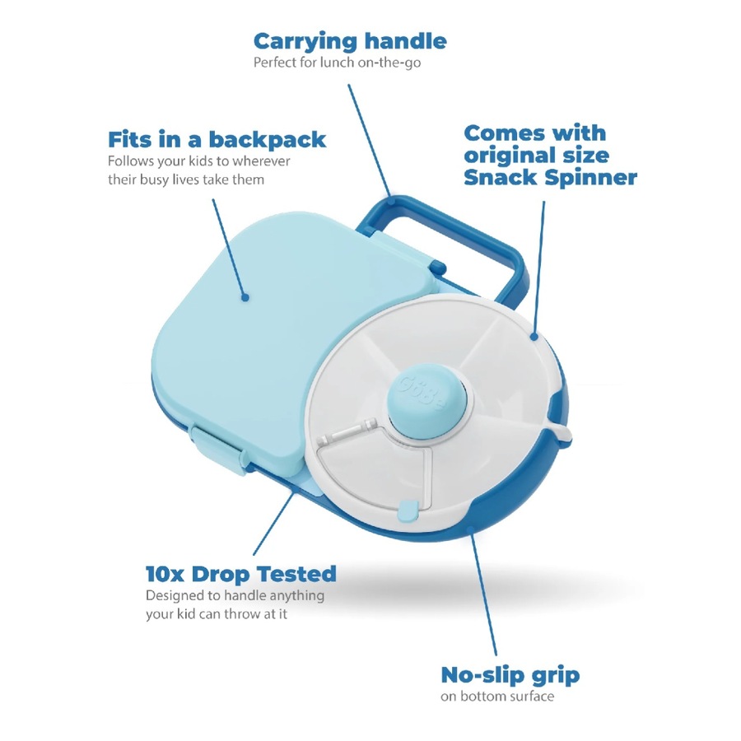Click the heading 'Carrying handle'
point(349,40)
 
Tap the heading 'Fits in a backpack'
point(217,138)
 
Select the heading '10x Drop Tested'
point(240,573)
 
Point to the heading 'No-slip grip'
point(510,675)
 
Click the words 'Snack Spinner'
point(550,176)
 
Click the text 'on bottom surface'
point(497,697)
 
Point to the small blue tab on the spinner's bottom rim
point(406,510)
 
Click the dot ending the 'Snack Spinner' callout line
point(534,336)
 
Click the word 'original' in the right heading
point(510,155)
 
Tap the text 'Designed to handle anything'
point(235,594)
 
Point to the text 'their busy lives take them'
point(186,179)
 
